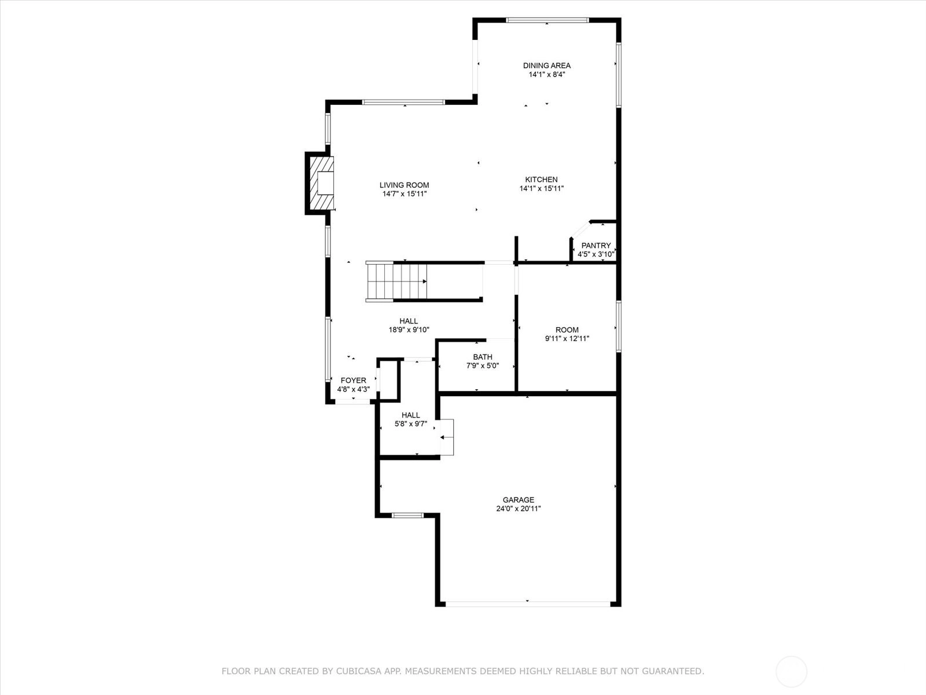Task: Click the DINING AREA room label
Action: (547, 65)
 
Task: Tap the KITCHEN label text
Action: (541, 180)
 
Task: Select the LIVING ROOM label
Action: (404, 185)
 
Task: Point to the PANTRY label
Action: (596, 245)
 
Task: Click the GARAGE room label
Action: (519, 500)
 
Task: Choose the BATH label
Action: (483, 357)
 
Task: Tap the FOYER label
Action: (354, 380)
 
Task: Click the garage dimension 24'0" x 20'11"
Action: (519, 509)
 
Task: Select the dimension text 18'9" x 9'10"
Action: (409, 330)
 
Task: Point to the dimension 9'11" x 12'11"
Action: (567, 338)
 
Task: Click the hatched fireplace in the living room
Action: (322, 183)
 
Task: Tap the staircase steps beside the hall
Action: (396, 281)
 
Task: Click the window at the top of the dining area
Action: (547, 20)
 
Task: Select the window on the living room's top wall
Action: (403, 102)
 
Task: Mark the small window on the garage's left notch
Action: (407, 515)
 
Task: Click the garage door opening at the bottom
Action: (528, 604)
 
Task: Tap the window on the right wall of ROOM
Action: (619, 327)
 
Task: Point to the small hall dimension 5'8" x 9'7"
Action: (411, 424)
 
